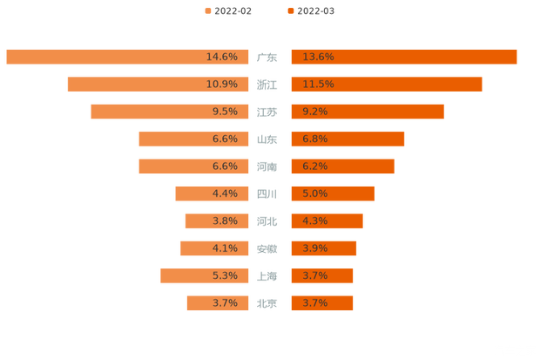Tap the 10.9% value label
[x=222, y=85]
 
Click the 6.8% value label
[x=314, y=139]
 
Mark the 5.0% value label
[x=314, y=194]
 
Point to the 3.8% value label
[x=225, y=221]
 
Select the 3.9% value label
[x=314, y=248]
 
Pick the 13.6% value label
[x=318, y=57]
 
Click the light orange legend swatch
[x=207, y=10]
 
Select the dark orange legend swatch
[x=290, y=10]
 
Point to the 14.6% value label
[x=222, y=57]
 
